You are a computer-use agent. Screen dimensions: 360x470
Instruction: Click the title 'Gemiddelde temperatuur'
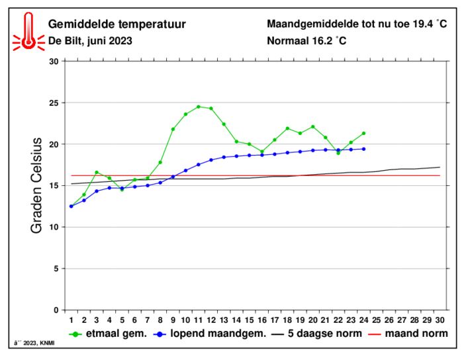[x=117, y=24]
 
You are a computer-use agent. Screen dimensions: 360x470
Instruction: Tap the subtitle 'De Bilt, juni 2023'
[x=91, y=40]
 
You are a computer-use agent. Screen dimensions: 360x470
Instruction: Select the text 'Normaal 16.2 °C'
[x=306, y=40]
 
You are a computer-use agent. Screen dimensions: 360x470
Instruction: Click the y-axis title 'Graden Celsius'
[x=37, y=185]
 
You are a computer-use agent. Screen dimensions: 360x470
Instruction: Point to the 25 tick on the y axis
[x=54, y=103]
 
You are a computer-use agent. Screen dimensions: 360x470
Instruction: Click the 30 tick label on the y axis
[x=54, y=62]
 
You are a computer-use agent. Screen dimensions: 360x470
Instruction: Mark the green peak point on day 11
[x=198, y=107]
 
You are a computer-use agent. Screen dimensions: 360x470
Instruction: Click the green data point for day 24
[x=363, y=133]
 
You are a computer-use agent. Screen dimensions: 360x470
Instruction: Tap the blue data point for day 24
[x=363, y=149]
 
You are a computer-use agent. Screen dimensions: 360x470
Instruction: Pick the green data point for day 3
[x=97, y=172]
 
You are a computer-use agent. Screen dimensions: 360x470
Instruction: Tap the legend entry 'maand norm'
[x=410, y=334]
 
